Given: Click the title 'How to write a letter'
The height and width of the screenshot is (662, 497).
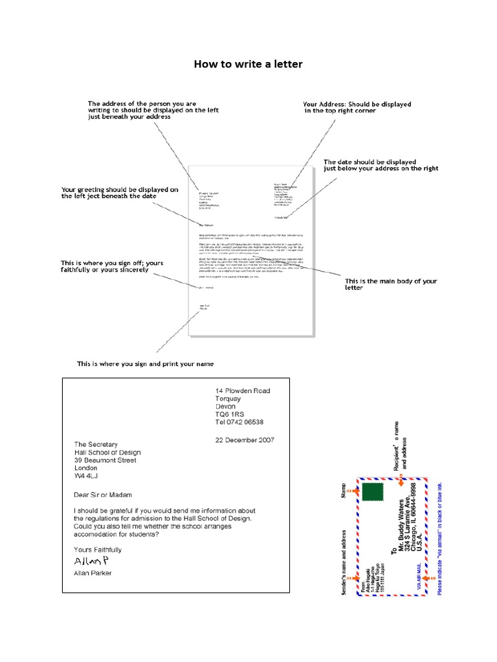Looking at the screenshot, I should tap(248, 64).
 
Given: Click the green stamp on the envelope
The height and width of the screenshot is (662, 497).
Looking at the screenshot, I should tap(371, 492).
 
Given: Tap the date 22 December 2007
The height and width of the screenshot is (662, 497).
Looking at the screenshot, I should tap(244, 440).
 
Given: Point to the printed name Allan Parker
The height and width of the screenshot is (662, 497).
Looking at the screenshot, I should tap(93, 573).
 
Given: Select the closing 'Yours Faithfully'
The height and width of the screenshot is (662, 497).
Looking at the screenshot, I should tap(98, 550).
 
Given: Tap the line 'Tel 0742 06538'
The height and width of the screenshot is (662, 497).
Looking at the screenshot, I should tap(239, 422).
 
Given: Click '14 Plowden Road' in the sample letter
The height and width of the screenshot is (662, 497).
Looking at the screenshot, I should tap(243, 391).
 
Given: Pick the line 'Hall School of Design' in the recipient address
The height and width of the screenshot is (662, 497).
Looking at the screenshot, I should tap(107, 453).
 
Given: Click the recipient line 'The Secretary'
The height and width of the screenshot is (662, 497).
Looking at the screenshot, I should tap(96, 444).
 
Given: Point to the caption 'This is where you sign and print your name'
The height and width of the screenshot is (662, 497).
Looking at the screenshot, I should tap(145, 364).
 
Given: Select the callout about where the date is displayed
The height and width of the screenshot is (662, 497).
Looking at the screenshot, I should tap(381, 165).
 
